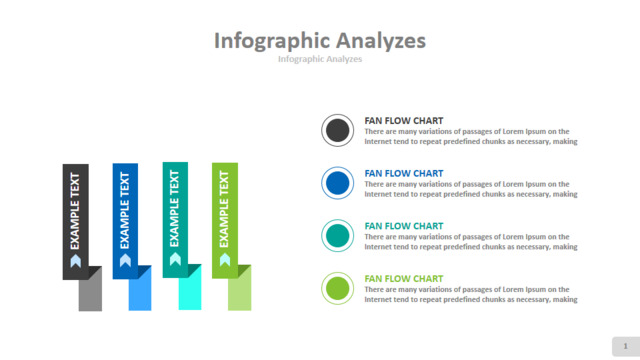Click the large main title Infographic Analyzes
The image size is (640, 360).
[320, 41]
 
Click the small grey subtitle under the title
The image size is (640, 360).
[320, 59]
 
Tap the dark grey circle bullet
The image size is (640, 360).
[338, 131]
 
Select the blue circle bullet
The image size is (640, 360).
[338, 183]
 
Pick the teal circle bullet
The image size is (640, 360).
[338, 236]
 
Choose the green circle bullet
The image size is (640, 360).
[338, 288]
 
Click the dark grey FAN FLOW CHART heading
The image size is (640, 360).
[404, 121]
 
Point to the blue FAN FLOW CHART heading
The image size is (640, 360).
[404, 173]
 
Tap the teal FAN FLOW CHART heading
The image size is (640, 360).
[404, 226]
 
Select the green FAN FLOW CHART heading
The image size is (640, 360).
[404, 279]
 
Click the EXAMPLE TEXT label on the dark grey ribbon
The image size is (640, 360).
[75, 211]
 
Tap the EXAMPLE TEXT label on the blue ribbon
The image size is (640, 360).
[125, 210]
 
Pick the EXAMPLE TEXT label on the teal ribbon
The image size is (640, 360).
[175, 209]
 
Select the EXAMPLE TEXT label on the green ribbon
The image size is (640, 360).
[224, 209]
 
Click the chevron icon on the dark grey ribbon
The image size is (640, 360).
[76, 261]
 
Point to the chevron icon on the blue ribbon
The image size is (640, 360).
[125, 260]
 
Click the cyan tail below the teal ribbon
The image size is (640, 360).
[190, 291]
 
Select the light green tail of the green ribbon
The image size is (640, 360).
[240, 291]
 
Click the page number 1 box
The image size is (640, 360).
[626, 347]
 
